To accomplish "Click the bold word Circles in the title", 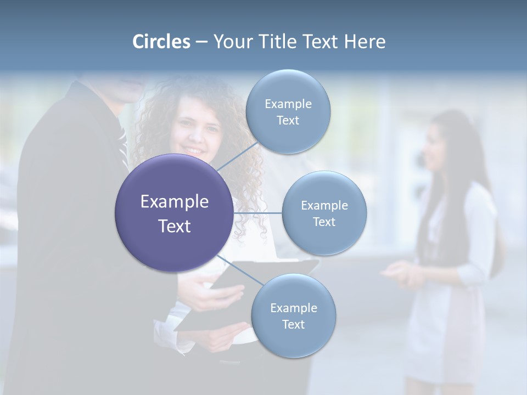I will [x=161, y=42].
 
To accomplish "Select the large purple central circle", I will [x=174, y=213].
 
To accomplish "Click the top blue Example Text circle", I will [x=288, y=111].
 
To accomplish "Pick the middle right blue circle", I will [x=324, y=213].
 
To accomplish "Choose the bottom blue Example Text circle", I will [x=293, y=315].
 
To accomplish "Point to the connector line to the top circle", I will [x=237, y=156].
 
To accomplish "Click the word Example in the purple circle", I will [x=174, y=202].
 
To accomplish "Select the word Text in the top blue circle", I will [x=288, y=120].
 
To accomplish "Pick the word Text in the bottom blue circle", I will [x=293, y=324].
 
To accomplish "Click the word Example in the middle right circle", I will [x=324, y=205].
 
